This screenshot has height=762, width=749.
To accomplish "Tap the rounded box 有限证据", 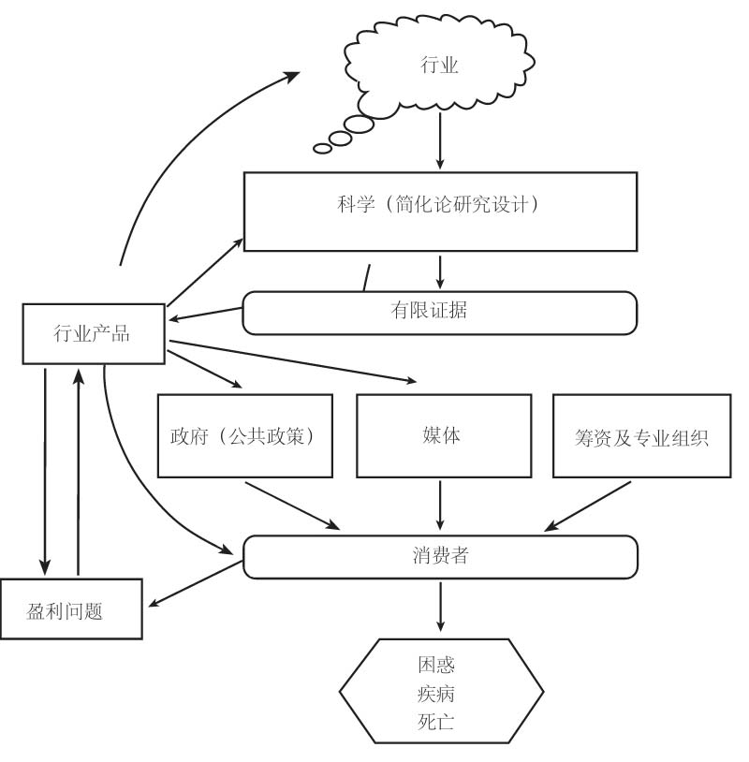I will pyautogui.click(x=439, y=313).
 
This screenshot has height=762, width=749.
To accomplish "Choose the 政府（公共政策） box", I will pyautogui.click(x=246, y=435).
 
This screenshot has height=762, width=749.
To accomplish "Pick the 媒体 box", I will pyautogui.click(x=443, y=435).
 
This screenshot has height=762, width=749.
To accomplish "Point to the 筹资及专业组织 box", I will pyautogui.click(x=641, y=436).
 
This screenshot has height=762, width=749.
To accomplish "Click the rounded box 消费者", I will pyautogui.click(x=439, y=555).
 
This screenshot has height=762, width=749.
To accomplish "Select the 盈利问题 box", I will pyautogui.click(x=71, y=609).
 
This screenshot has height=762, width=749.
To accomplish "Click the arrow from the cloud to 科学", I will pyautogui.click(x=440, y=145).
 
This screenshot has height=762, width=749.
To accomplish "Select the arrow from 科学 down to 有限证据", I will pyautogui.click(x=440, y=271).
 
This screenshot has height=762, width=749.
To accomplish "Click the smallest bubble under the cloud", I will pyautogui.click(x=322, y=148).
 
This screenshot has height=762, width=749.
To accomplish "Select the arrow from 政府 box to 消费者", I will pyautogui.click(x=290, y=505).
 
